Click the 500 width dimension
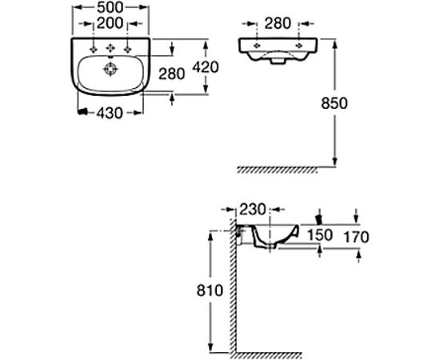tap(110, 8)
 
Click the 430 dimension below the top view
tap(110, 114)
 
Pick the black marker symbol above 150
tap(321, 216)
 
